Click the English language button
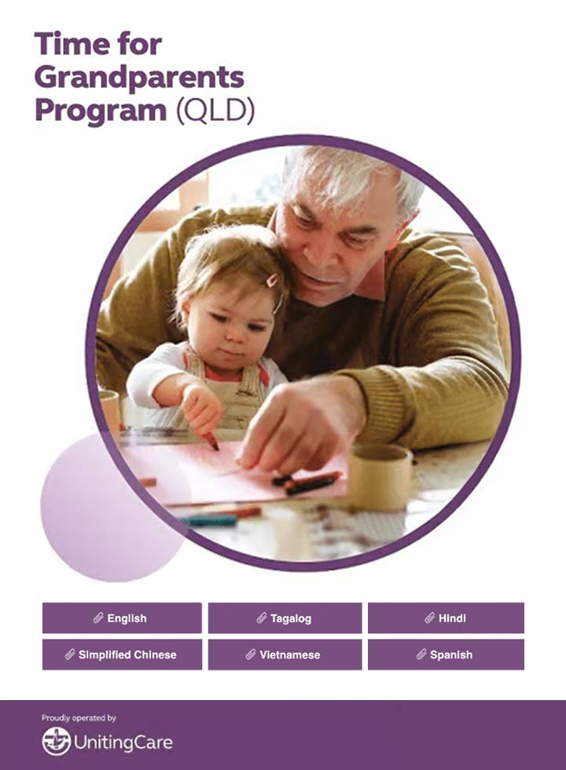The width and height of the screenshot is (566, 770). pyautogui.click(x=122, y=618)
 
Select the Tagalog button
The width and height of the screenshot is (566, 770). pyautogui.click(x=285, y=618)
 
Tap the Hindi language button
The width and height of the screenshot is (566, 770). pyautogui.click(x=446, y=618)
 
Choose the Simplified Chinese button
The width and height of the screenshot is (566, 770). pyautogui.click(x=122, y=654)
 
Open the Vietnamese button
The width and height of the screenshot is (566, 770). pyautogui.click(x=285, y=654)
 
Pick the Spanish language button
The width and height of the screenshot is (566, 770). pyautogui.click(x=446, y=654)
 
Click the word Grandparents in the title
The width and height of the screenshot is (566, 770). pyautogui.click(x=139, y=78)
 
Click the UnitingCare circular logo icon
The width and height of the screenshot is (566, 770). pyautogui.click(x=56, y=741)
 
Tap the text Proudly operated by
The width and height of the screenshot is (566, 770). pyautogui.click(x=79, y=718)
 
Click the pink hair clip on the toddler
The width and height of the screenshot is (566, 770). pyautogui.click(x=271, y=280)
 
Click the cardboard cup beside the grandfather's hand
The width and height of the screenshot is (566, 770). pyautogui.click(x=380, y=476)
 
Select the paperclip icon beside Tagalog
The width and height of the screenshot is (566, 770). pyautogui.click(x=262, y=618)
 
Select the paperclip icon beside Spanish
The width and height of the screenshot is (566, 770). pyautogui.click(x=421, y=654)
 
